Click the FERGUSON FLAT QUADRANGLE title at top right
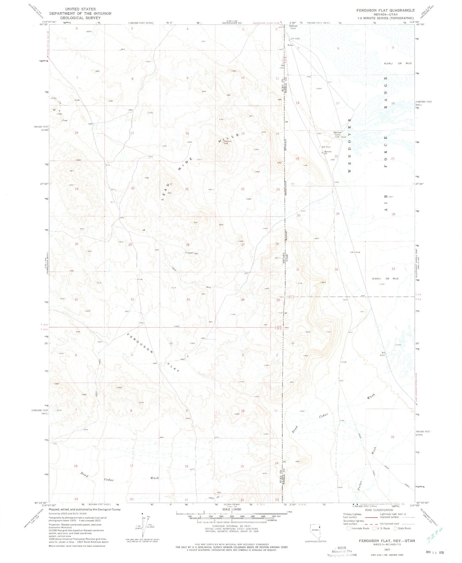[386, 10]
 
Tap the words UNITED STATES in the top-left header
[80, 9]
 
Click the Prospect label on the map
[189, 253]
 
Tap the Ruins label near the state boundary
[290, 45]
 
